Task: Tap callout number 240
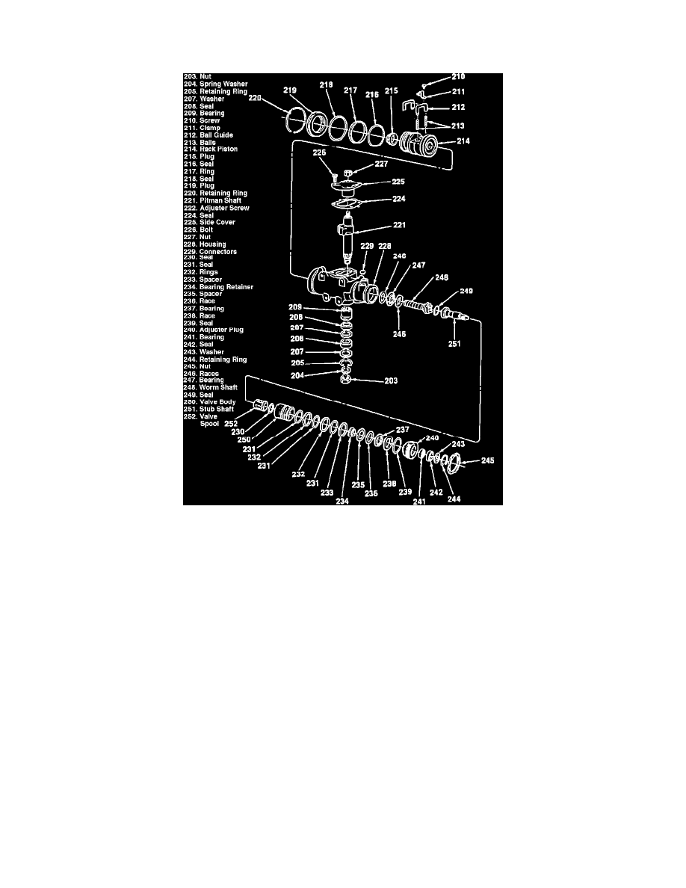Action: [x=431, y=438]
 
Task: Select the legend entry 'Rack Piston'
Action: [x=213, y=149]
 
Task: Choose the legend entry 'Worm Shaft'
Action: [x=218, y=387]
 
